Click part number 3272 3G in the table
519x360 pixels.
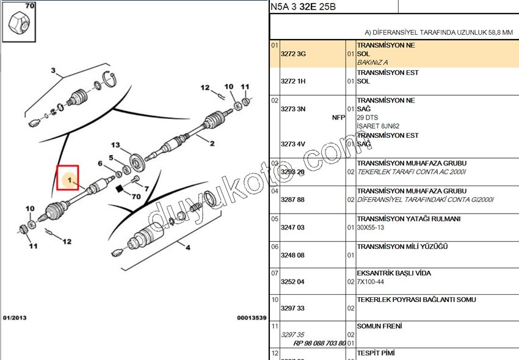coord(292,54)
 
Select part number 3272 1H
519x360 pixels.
coord(292,81)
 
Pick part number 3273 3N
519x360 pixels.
coord(292,109)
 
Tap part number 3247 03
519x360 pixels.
coord(292,228)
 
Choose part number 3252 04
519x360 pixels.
coord(292,282)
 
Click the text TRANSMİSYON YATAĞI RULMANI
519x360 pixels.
coord(408,219)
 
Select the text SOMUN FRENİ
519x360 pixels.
coord(379,326)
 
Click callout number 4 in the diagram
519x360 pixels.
coord(187,247)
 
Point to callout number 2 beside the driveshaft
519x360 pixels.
coord(212,144)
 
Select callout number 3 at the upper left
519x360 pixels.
coord(53,71)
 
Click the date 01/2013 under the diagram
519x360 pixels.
coord(15,318)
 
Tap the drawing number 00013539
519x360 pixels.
coord(252,318)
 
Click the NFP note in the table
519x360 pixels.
coord(338,117)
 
